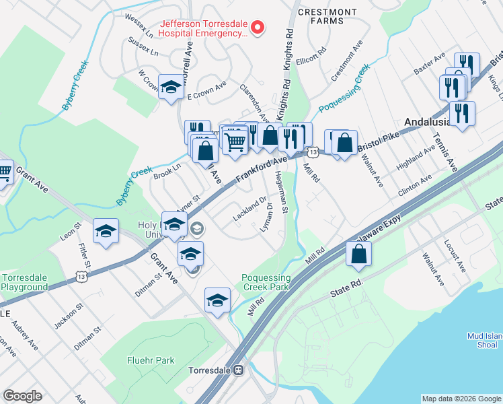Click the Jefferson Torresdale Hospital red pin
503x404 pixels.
point(257,27)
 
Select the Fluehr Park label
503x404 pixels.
point(151,360)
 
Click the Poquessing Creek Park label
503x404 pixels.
point(266,283)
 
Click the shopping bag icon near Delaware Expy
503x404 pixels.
point(359,254)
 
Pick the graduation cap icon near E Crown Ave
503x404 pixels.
point(171,86)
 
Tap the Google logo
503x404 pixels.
point(22,396)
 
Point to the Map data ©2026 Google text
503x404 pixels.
point(461,399)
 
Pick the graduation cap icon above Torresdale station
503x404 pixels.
point(217,300)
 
